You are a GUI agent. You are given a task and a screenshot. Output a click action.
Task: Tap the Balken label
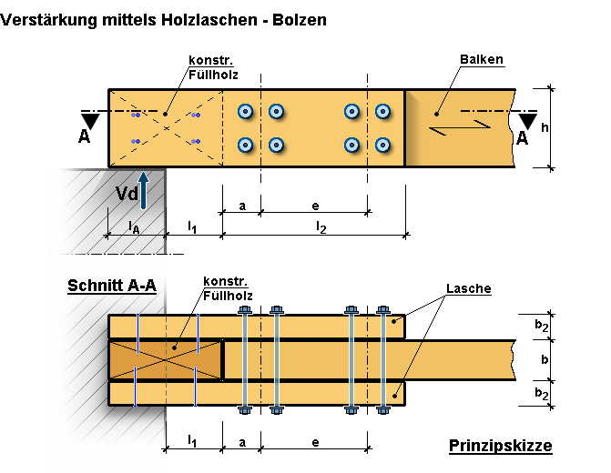pos(481,61)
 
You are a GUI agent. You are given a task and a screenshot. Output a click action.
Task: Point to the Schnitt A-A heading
pos(111,286)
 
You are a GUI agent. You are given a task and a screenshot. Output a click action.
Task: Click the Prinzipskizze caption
pos(500,446)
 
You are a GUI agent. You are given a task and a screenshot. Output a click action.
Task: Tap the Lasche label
pos(468,289)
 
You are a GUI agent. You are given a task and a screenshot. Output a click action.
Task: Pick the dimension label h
pos(544,128)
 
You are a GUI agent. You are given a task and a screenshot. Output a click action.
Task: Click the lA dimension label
pos(133,226)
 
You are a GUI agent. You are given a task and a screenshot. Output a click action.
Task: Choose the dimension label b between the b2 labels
pos(543,359)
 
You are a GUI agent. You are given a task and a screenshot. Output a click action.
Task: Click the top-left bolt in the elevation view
pos(244,112)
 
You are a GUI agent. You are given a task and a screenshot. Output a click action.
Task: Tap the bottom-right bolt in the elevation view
pos(383,145)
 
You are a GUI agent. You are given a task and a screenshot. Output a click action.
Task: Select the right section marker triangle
pos(527,121)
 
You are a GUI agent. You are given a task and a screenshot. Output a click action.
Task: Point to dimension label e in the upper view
pos(314,205)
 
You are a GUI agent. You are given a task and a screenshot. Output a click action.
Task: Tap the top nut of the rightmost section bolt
pos(383,310)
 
